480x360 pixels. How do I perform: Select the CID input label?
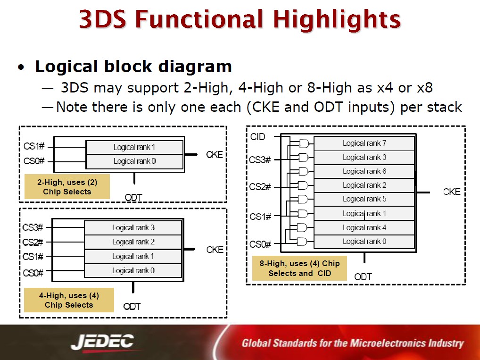[x=257, y=137]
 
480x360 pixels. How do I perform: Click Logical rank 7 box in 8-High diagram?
[x=364, y=143]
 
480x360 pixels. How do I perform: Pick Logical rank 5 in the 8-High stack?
[x=364, y=199]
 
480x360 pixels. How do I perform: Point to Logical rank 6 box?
[x=364, y=171]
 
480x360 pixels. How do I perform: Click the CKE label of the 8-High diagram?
[x=452, y=192]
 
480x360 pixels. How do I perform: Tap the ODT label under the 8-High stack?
[x=363, y=277]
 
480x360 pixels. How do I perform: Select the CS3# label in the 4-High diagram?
[x=33, y=227]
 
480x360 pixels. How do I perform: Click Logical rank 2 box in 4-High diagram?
[x=133, y=242]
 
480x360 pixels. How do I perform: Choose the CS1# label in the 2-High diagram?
[x=34, y=146]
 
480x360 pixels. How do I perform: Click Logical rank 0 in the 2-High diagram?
[x=134, y=161]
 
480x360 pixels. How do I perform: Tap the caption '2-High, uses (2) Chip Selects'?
[x=67, y=187]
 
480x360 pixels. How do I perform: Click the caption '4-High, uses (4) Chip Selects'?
[x=69, y=300]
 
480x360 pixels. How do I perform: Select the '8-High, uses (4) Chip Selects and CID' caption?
[x=299, y=268]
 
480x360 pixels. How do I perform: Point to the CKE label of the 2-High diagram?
[x=214, y=155]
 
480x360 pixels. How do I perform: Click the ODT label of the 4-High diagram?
[x=132, y=306]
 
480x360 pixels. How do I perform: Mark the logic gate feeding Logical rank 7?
[x=304, y=143]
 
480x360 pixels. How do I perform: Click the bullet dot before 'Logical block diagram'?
[x=21, y=67]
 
